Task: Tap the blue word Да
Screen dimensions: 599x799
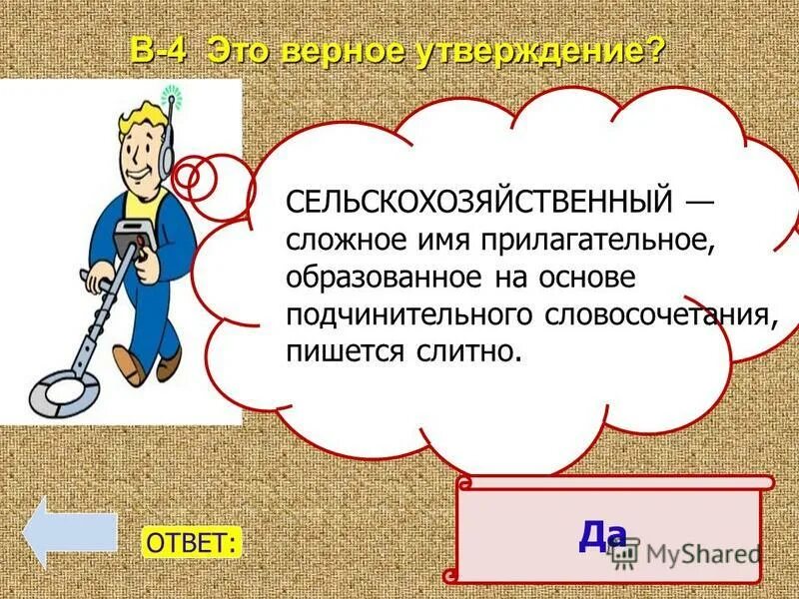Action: click(602, 536)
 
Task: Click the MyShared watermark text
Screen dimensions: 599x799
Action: click(700, 553)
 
